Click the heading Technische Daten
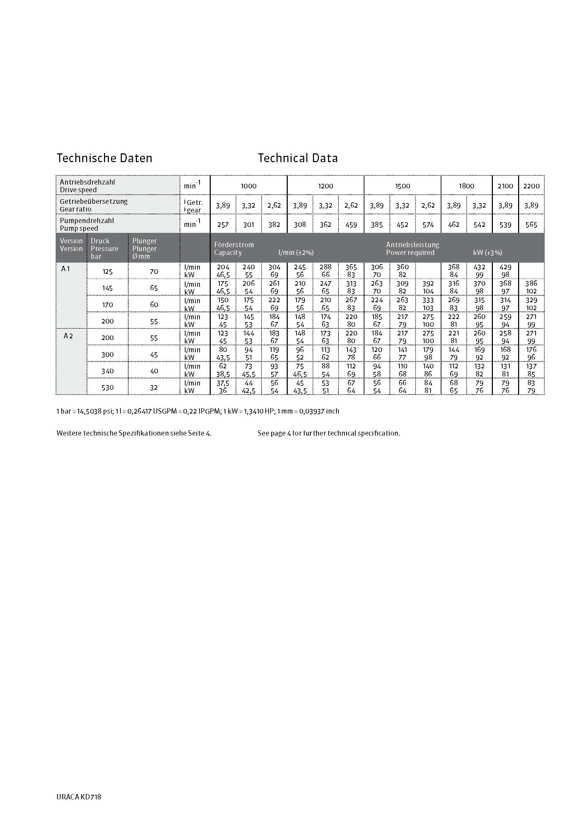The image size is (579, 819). pyautogui.click(x=104, y=158)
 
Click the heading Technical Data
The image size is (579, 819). pyautogui.click(x=298, y=158)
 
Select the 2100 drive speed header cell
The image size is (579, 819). pyautogui.click(x=505, y=186)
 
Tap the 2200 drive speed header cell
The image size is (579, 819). pyautogui.click(x=531, y=186)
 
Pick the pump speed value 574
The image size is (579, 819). pyautogui.click(x=428, y=225)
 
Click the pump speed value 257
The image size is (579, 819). pyautogui.click(x=223, y=225)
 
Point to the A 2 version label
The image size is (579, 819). pyautogui.click(x=68, y=336)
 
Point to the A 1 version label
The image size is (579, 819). pyautogui.click(x=65, y=269)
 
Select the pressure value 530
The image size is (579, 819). pyautogui.click(x=107, y=388)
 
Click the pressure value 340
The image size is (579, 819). pyautogui.click(x=107, y=371)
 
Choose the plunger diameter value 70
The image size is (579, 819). pyautogui.click(x=154, y=271)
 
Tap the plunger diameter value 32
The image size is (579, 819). pyautogui.click(x=154, y=388)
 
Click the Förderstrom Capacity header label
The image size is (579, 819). pyautogui.click(x=234, y=249)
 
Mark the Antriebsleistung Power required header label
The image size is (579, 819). pyautogui.click(x=412, y=249)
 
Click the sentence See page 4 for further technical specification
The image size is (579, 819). pyautogui.click(x=328, y=433)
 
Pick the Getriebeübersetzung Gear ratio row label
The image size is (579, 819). pyautogui.click(x=93, y=205)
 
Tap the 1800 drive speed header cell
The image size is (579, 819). pyautogui.click(x=466, y=186)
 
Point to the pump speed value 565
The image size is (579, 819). pyautogui.click(x=531, y=225)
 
